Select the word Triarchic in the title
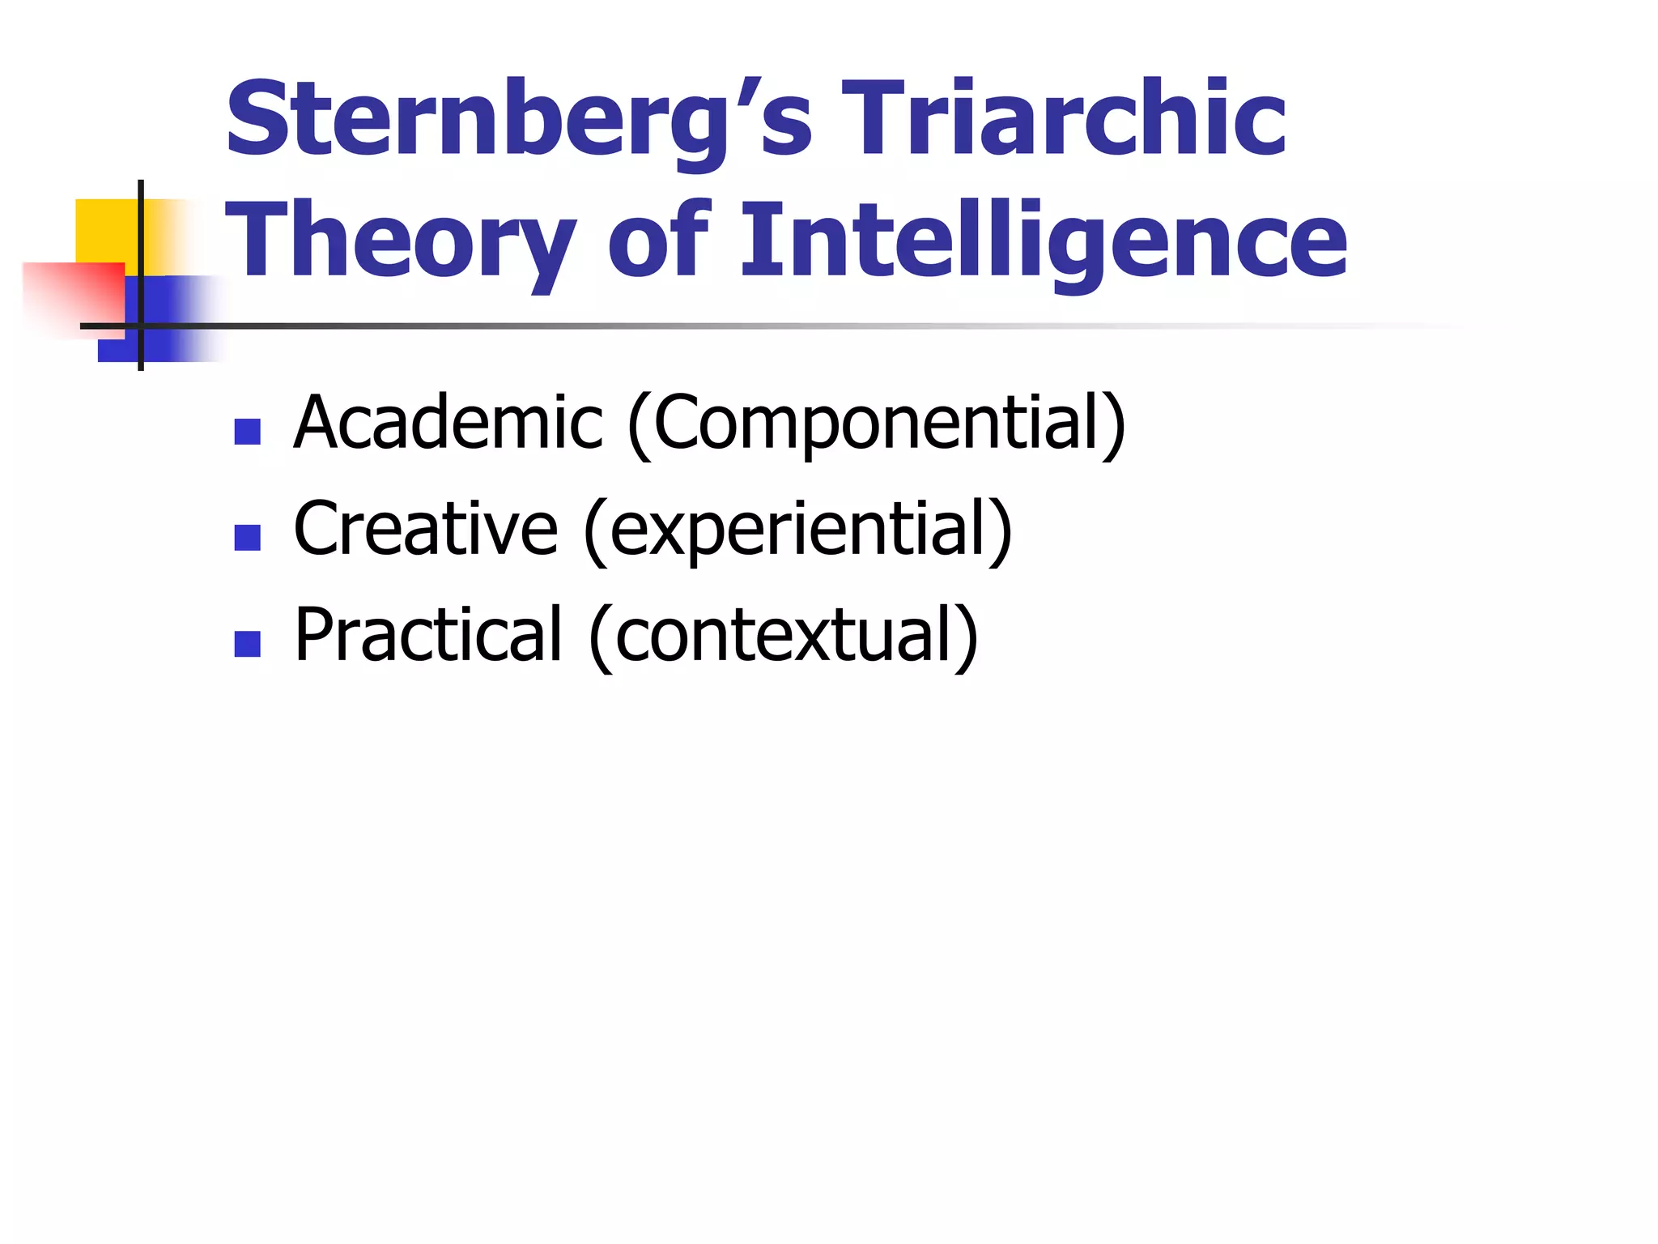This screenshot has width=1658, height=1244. (1063, 120)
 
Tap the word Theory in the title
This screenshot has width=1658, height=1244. (401, 241)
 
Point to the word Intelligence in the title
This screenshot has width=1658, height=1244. (1044, 241)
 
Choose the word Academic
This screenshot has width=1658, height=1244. (449, 422)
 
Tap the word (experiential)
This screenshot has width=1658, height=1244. (798, 530)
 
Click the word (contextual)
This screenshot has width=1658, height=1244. (784, 637)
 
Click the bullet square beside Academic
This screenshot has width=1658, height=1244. (247, 432)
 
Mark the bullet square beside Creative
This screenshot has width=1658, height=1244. (247, 538)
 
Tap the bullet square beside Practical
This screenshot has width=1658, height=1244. (247, 644)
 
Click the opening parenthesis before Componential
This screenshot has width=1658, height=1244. (640, 425)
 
